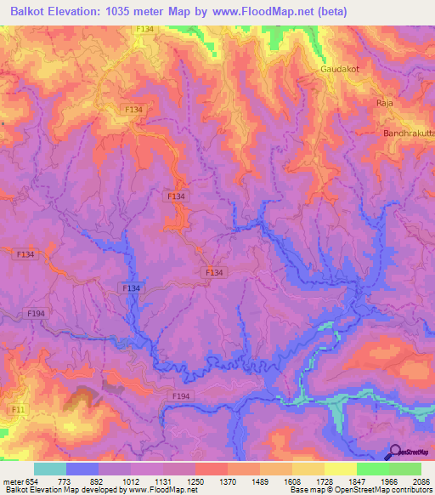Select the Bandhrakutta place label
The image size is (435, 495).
coord(406,134)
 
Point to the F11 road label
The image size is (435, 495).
coord(16,410)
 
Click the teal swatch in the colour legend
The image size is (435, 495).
coord(49,469)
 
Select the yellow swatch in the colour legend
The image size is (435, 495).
coord(340,469)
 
